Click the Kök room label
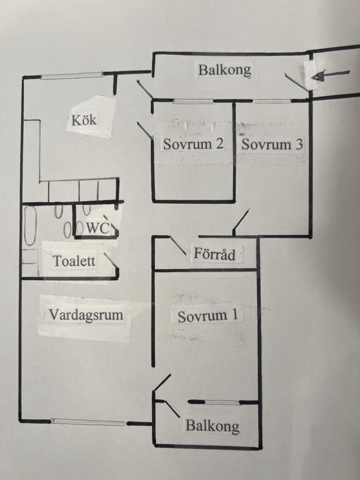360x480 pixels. tap(84, 120)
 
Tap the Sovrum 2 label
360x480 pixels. tap(193, 143)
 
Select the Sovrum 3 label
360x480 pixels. tap(272, 144)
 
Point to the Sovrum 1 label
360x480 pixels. tap(208, 316)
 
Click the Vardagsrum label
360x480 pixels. tap(86, 315)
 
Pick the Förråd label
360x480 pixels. tap(214, 254)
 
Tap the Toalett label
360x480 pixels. tap(74, 261)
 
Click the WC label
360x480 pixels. tap(98, 228)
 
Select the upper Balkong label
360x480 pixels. tap(224, 70)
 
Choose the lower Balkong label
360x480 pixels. tap(212, 426)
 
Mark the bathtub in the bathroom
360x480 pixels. tap(31, 226)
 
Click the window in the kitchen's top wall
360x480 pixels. tap(72, 75)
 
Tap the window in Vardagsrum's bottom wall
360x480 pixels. tap(88, 422)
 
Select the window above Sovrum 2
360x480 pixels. tap(193, 101)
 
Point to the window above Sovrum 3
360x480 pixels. tap(272, 101)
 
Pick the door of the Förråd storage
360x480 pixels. tap(177, 246)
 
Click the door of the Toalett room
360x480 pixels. tap(111, 261)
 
